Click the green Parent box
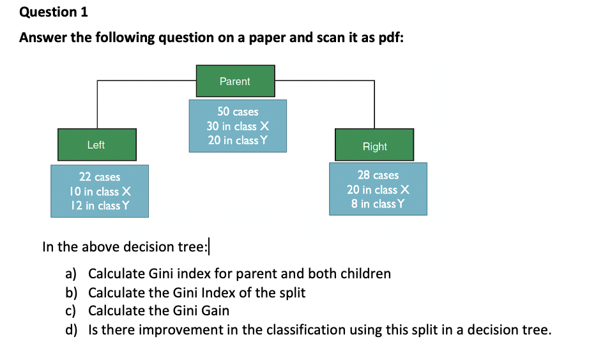click(x=236, y=81)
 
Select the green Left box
click(x=97, y=145)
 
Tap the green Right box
click(x=374, y=145)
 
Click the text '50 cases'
click(x=238, y=112)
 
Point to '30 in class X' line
click(x=238, y=126)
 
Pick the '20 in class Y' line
click(x=238, y=140)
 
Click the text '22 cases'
click(x=100, y=177)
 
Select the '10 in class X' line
click(x=100, y=191)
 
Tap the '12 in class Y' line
click(x=100, y=206)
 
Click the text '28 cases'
click(x=378, y=175)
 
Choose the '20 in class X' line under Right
click(x=378, y=190)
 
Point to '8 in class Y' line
click(x=378, y=204)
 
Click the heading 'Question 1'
click(x=54, y=12)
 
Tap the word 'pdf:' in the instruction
click(x=391, y=38)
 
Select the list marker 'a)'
click(x=71, y=274)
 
